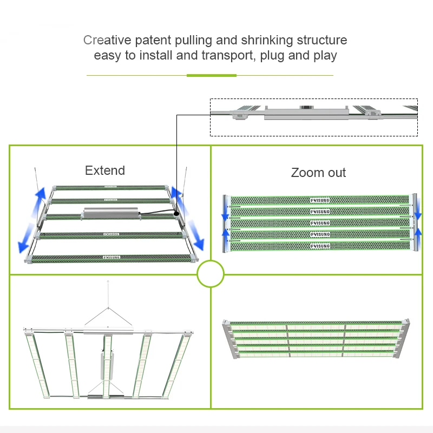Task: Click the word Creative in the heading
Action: tap(101, 40)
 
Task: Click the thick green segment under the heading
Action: tap(212, 75)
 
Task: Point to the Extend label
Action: tap(105, 170)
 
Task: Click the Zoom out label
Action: tap(318, 173)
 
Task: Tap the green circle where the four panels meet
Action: tap(211, 274)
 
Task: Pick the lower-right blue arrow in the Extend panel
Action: tap(197, 238)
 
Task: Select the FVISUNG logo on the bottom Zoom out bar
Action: tap(320, 246)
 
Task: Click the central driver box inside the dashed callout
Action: tap(305, 113)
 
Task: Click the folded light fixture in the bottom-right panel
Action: tap(316, 339)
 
